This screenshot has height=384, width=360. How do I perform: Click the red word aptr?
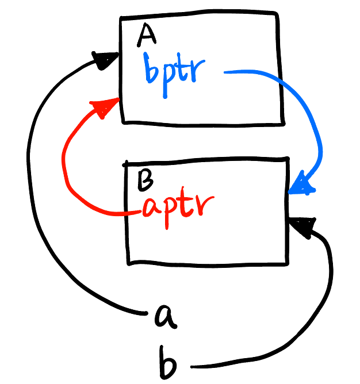tap(178, 207)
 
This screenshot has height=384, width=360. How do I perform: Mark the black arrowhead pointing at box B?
tap(304, 228)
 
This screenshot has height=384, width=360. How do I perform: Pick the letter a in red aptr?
tap(151, 209)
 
